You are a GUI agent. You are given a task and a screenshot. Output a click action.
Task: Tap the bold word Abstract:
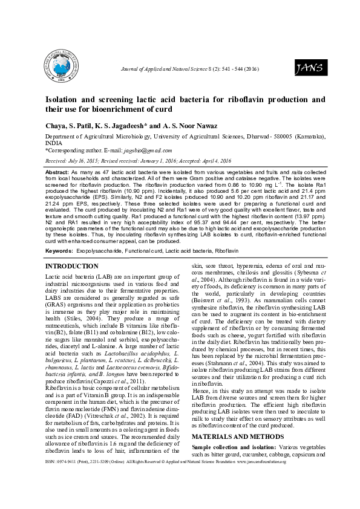(x=57, y=172)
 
